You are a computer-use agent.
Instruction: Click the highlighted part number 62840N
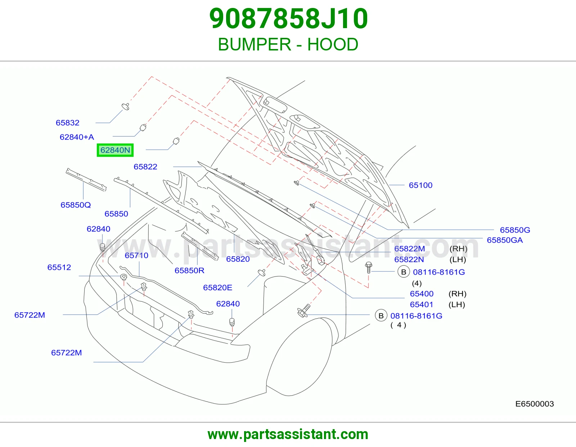(115, 150)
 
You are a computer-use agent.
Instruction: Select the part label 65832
(67, 123)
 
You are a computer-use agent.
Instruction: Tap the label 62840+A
(77, 137)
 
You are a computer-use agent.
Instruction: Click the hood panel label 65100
(420, 185)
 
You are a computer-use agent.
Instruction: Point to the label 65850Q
(76, 205)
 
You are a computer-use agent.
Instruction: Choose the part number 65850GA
(505, 240)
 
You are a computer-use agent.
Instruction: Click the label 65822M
(410, 248)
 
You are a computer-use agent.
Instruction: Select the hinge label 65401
(422, 305)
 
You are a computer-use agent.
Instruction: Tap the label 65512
(59, 267)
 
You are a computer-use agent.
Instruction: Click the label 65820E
(218, 287)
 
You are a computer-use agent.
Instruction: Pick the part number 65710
(136, 255)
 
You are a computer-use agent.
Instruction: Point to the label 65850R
(189, 270)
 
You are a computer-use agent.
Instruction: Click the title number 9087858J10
(288, 18)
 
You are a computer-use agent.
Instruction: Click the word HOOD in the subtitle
(333, 44)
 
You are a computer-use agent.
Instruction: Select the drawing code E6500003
(534, 404)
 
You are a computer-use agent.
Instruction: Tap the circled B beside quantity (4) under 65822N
(404, 272)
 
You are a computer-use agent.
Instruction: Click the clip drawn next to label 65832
(126, 106)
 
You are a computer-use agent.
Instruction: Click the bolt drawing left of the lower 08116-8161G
(304, 311)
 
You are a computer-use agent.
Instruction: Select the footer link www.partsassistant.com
(288, 434)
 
